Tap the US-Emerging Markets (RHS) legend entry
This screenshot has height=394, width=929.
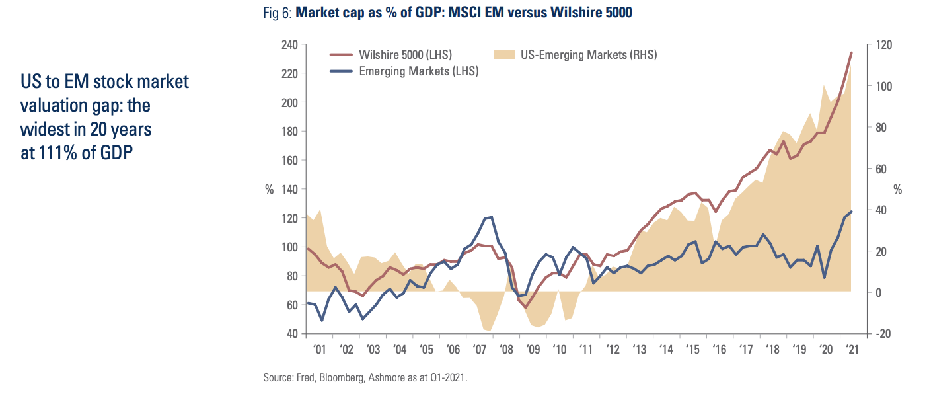tap(588, 55)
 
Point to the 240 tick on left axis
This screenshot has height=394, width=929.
tap(289, 45)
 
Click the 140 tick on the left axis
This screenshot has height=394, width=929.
tap(289, 189)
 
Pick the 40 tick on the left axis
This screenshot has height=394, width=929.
tap(291, 334)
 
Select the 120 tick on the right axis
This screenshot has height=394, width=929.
tap(883, 45)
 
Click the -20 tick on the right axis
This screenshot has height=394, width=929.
tap(882, 334)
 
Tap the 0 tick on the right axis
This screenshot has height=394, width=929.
tap(879, 292)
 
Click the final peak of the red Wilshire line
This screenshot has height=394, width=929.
tap(851, 52)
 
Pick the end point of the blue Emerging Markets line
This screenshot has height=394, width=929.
tap(851, 212)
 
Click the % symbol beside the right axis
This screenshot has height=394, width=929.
tap(897, 190)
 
